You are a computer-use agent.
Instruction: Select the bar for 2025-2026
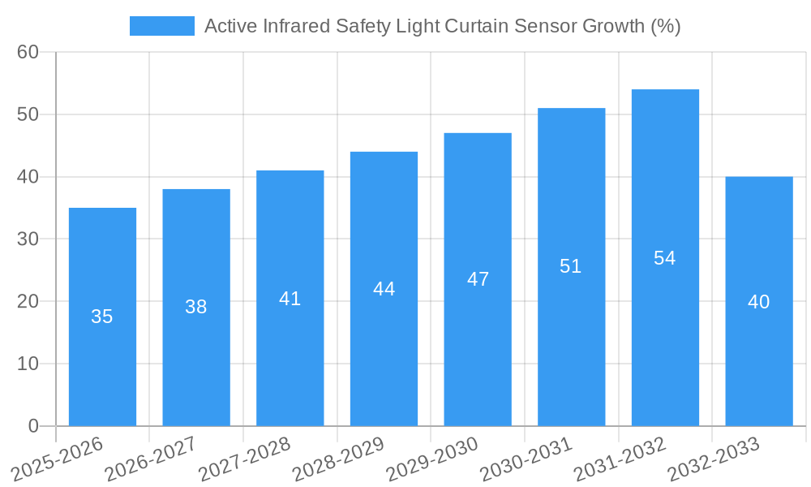point(102,317)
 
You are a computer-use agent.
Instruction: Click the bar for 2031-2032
point(665,257)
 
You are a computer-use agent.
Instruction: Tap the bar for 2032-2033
point(759,301)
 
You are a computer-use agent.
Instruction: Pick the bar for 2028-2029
point(384,288)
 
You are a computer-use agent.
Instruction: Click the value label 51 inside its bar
point(571,266)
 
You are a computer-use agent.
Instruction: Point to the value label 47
point(478,279)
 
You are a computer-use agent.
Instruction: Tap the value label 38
point(196,307)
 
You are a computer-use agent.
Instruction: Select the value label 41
point(290,299)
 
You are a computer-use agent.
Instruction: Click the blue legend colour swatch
point(162,26)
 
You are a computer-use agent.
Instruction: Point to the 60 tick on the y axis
point(28,52)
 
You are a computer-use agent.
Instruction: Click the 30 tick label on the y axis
point(28,239)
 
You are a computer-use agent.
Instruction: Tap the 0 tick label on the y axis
point(33,426)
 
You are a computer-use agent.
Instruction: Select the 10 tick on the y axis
point(28,364)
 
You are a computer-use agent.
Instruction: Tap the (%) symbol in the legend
point(665,26)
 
